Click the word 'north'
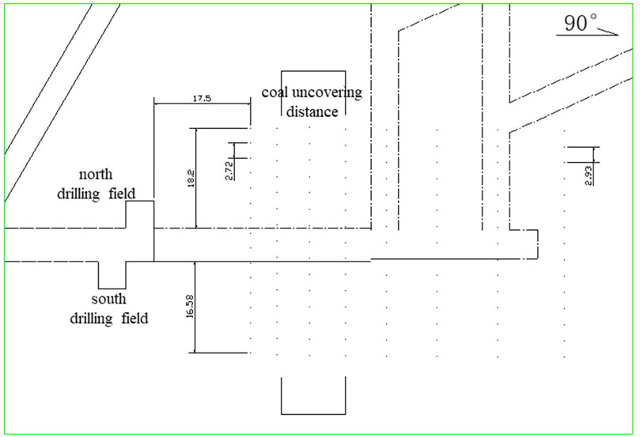pyautogui.click(x=98, y=173)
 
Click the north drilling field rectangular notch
pyautogui.click(x=139, y=214)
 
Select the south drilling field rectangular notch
pyautogui.click(x=112, y=275)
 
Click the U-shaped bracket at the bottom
pyautogui.click(x=313, y=412)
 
